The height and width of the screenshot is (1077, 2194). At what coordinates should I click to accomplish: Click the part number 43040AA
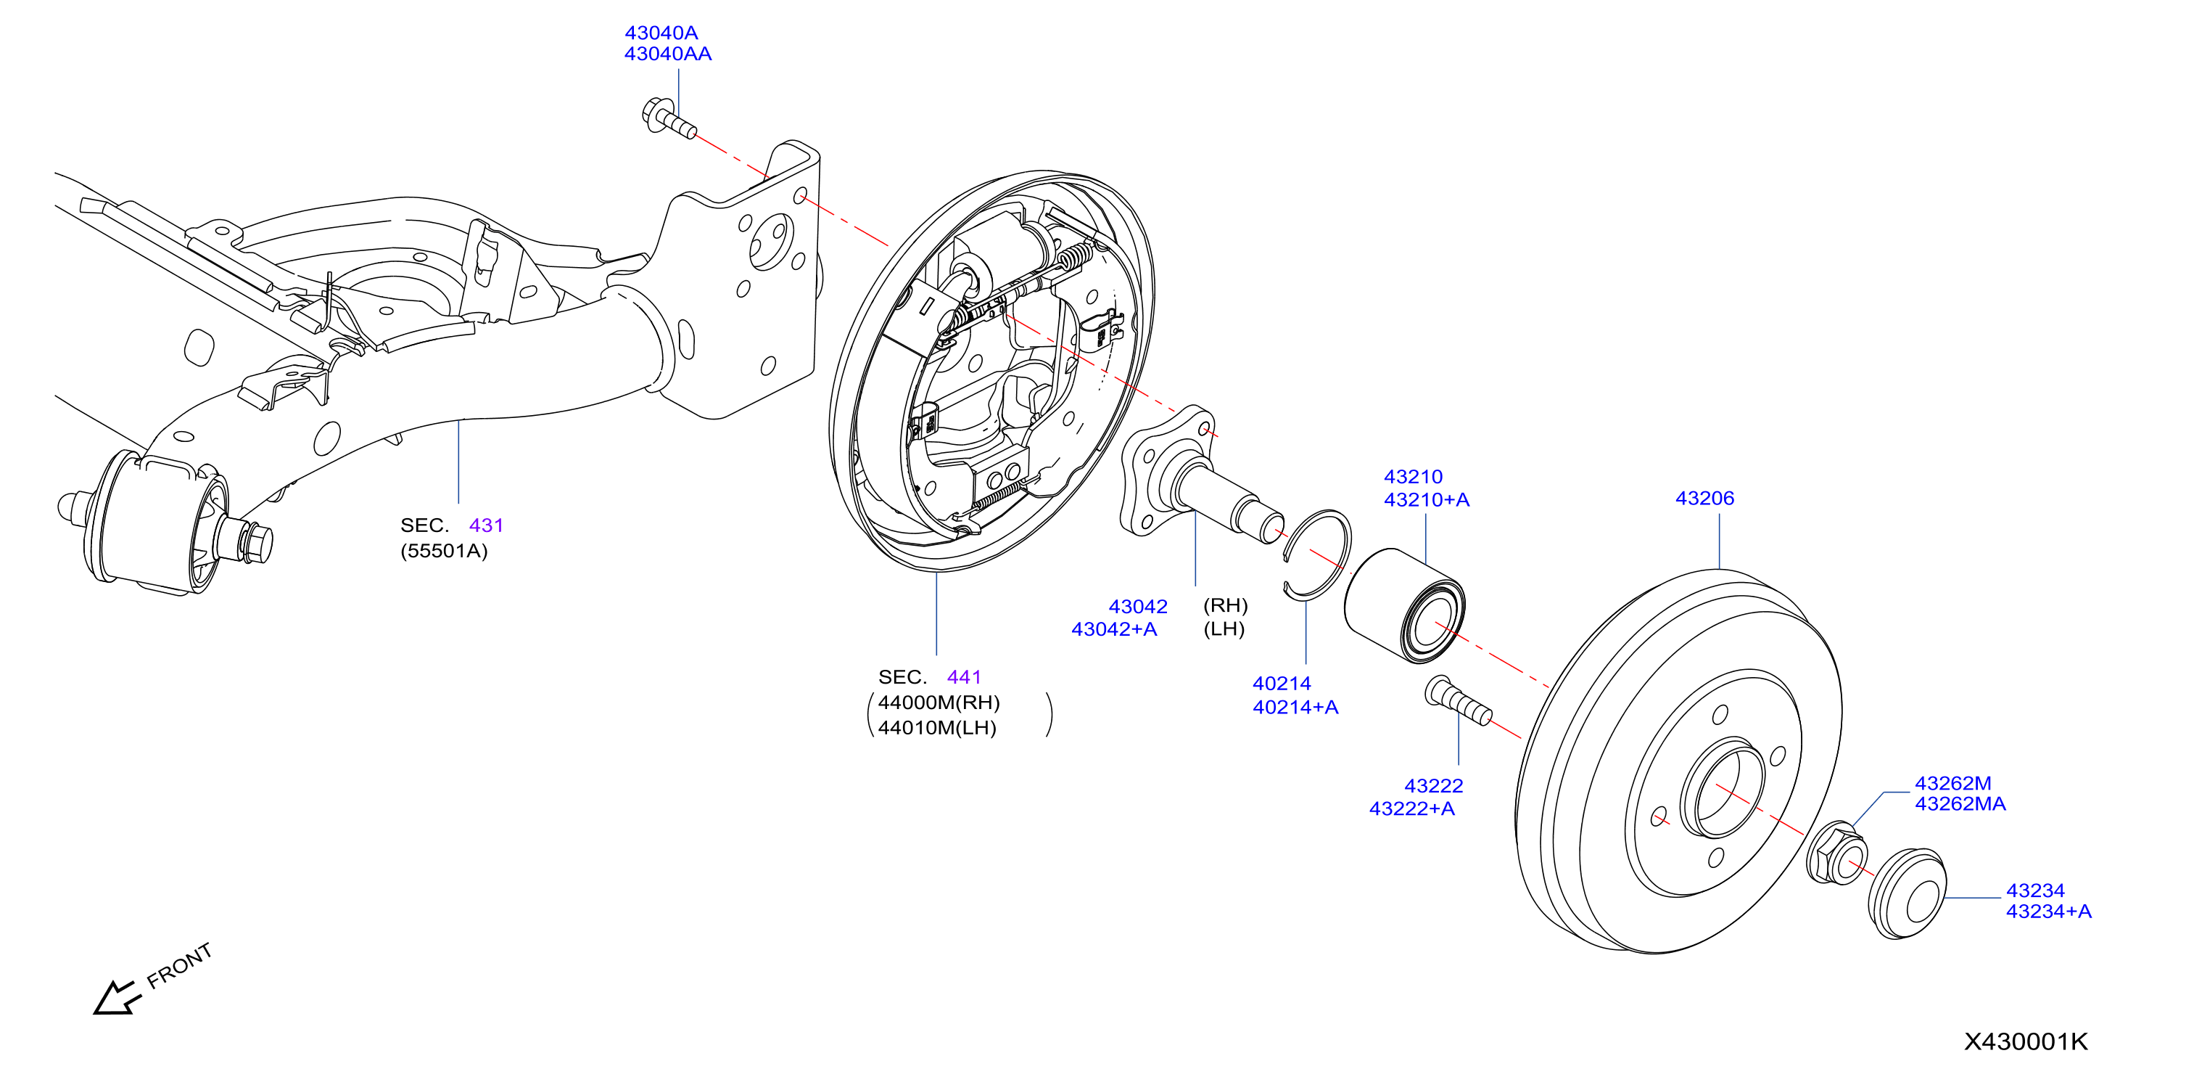pyautogui.click(x=668, y=54)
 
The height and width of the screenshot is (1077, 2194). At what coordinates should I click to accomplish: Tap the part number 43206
pyautogui.click(x=1704, y=499)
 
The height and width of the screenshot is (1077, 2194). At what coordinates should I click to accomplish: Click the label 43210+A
pyautogui.click(x=1427, y=500)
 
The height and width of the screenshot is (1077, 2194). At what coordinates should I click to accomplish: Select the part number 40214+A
pyautogui.click(x=1295, y=707)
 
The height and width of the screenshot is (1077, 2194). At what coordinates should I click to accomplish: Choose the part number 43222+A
pyautogui.click(x=1412, y=808)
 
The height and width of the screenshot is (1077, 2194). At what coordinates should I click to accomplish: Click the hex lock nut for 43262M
pyautogui.click(x=1837, y=853)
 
